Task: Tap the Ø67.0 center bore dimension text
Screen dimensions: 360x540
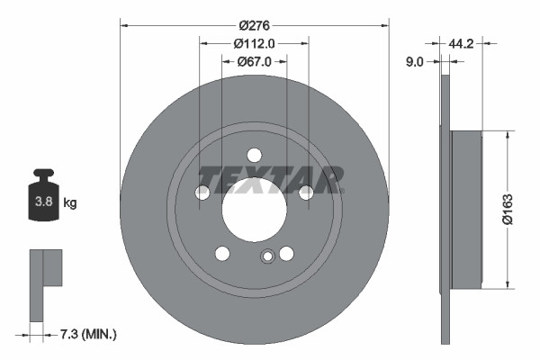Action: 255,61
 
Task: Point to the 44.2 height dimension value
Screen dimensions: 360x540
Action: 461,41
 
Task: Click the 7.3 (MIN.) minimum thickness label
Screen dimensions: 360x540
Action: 86,334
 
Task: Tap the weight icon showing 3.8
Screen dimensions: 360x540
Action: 43,200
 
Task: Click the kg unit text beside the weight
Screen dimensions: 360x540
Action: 70,203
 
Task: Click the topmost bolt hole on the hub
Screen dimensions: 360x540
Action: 255,154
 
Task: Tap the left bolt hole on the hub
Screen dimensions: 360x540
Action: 203,192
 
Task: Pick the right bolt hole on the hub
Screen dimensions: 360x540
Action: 306,192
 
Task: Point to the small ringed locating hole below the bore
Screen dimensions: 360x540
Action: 266,258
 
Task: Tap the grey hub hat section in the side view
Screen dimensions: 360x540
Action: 466,210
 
